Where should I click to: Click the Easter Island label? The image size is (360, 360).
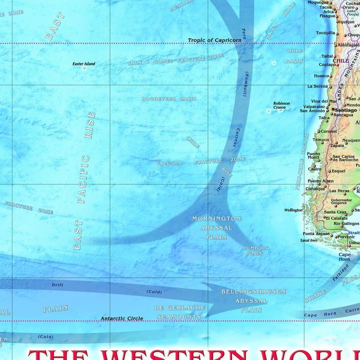click(x=83, y=64)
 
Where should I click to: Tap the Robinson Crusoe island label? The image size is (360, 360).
click(x=281, y=105)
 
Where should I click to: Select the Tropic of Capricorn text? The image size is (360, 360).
click(x=214, y=40)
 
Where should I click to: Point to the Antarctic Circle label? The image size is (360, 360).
click(x=121, y=318)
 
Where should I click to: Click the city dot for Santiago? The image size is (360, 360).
click(x=332, y=110)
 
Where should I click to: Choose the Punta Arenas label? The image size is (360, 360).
click(x=316, y=233)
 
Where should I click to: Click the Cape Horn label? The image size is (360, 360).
click(x=344, y=256)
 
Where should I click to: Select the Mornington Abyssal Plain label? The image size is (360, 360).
click(x=216, y=227)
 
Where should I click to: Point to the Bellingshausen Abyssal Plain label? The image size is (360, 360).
click(x=254, y=300)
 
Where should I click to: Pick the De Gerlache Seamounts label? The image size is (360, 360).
click(x=179, y=312)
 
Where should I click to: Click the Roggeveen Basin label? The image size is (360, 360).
click(x=168, y=99)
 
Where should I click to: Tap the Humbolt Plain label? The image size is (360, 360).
click(x=255, y=250)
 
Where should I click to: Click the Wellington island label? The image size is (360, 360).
click(x=293, y=210)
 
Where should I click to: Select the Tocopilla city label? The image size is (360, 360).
click(x=325, y=33)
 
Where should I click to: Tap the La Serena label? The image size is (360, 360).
click(x=317, y=86)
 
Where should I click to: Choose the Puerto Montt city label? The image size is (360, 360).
click(x=313, y=155)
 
